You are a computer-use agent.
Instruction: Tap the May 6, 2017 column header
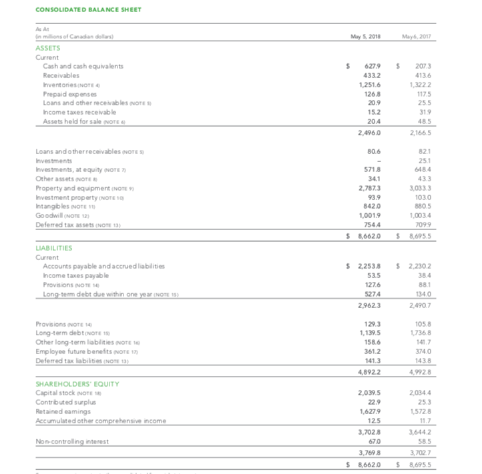tap(417, 37)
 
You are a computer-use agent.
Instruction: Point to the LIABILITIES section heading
tap(53, 248)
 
